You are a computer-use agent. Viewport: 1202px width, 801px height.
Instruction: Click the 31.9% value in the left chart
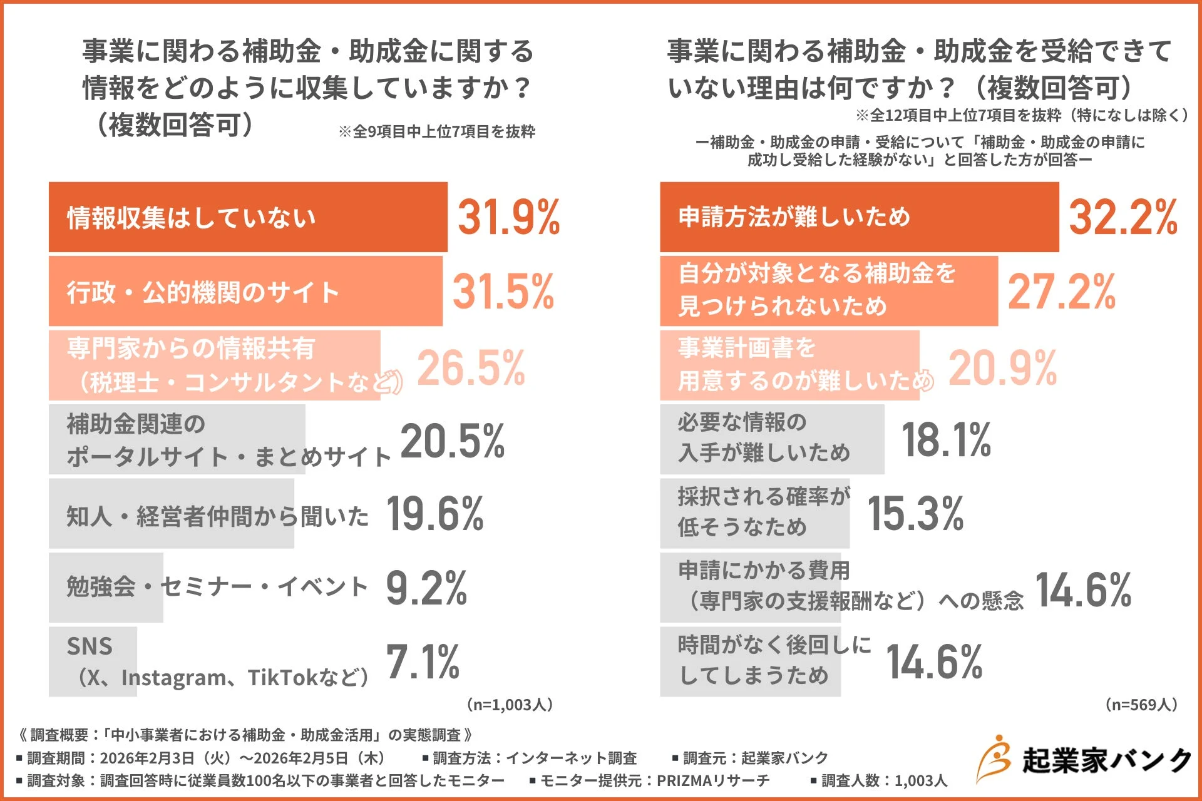click(508, 217)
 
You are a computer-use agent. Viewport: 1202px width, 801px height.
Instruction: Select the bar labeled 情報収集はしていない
click(248, 217)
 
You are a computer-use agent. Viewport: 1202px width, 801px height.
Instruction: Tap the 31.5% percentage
click(503, 292)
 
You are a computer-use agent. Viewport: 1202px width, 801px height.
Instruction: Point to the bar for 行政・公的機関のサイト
click(245, 292)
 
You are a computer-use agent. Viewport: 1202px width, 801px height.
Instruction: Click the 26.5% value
click(471, 367)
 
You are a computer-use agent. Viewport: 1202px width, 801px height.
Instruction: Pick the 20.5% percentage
click(452, 441)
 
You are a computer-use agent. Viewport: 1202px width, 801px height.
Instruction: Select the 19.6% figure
click(435, 514)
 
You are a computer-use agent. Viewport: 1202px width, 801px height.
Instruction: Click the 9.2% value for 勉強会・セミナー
click(426, 588)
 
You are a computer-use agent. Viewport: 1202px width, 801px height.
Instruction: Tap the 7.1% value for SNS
click(423, 662)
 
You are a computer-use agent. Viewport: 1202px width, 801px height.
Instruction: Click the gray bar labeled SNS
click(93, 661)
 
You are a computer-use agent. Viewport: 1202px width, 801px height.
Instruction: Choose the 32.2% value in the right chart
click(1123, 217)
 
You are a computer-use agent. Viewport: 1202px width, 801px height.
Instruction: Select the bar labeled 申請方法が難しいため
click(859, 217)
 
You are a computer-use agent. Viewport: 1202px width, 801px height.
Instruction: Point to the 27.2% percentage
click(1062, 292)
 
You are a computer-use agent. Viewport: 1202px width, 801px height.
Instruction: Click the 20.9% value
click(1002, 367)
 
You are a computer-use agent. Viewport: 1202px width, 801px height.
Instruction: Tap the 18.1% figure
click(946, 440)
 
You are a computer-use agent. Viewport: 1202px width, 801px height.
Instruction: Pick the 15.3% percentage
click(915, 514)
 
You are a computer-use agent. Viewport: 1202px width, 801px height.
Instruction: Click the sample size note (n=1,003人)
click(510, 705)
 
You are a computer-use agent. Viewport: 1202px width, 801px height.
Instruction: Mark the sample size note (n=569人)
click(1141, 705)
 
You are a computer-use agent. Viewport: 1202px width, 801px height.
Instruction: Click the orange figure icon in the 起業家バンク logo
click(994, 758)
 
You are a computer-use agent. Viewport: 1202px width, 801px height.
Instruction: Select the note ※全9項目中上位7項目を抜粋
click(436, 131)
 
